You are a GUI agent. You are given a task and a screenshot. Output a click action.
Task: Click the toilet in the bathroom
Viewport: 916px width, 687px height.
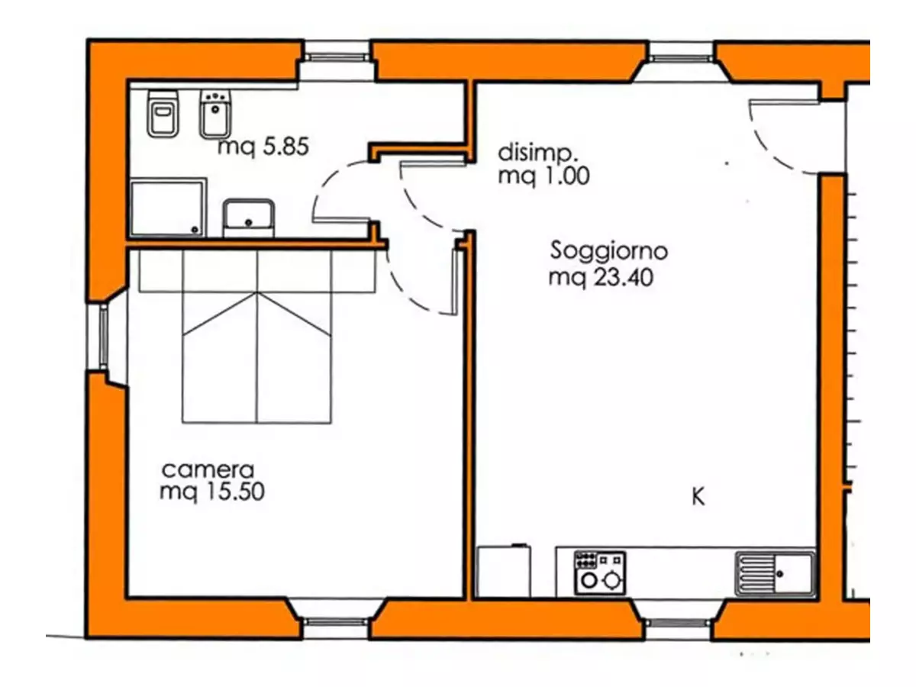click(163, 114)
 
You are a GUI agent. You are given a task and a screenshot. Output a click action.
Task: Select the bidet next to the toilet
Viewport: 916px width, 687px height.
click(215, 114)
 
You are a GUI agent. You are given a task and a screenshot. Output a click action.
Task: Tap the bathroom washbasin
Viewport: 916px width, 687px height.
click(249, 218)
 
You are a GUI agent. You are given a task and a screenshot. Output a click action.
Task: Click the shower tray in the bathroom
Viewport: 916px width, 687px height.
click(168, 208)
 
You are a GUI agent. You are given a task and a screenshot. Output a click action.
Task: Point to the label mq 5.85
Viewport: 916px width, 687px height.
click(263, 147)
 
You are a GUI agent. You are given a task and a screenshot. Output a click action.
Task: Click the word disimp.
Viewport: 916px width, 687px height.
click(537, 153)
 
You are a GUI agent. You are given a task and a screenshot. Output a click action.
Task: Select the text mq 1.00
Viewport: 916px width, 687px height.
click(543, 176)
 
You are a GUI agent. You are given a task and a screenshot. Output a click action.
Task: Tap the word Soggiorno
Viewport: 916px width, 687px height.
click(609, 251)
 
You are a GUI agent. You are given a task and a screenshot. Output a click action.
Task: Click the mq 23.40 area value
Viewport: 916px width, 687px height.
click(601, 278)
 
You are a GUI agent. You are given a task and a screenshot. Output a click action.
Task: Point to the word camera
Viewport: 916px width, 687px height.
click(208, 470)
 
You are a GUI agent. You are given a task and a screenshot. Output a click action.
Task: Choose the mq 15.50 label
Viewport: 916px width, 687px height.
click(212, 492)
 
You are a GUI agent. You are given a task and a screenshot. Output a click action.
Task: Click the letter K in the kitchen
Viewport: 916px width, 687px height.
click(698, 497)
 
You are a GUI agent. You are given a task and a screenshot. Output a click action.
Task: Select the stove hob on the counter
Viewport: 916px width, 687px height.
click(600, 573)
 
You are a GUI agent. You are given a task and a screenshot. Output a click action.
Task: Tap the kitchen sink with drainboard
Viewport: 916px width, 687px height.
click(775, 574)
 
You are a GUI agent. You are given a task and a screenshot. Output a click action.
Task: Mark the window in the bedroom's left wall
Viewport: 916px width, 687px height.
click(104, 337)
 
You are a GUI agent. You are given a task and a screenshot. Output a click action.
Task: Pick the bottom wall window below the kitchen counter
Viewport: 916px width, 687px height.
click(678, 623)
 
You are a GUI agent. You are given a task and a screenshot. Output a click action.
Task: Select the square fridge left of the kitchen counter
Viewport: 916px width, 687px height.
click(504, 572)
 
